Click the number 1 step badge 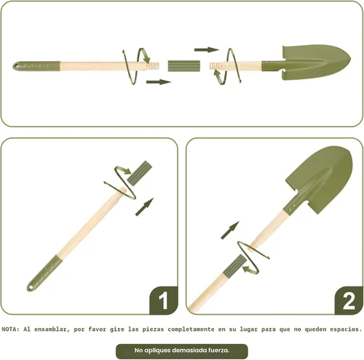click(x=163, y=300)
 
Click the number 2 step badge click(x=349, y=300)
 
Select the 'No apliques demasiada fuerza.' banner click(x=182, y=351)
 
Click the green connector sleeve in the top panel click(x=184, y=66)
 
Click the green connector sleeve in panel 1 click(x=140, y=173)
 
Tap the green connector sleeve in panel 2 click(x=234, y=266)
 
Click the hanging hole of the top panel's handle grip click(x=17, y=65)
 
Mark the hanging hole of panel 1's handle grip click(x=31, y=288)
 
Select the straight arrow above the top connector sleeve click(x=207, y=50)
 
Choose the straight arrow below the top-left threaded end click(x=159, y=82)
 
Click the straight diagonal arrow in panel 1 click(x=145, y=207)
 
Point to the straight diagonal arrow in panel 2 click(x=230, y=230)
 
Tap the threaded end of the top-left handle click(x=153, y=66)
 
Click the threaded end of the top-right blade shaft click(x=216, y=65)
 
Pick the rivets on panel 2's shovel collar click(x=292, y=207)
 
